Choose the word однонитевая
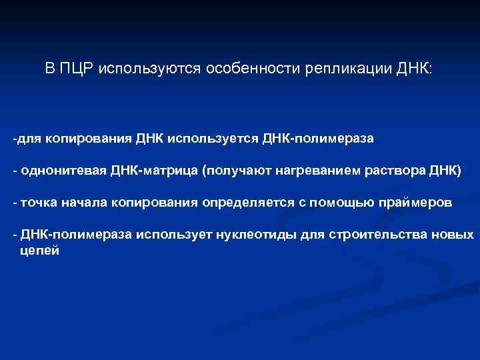click(57, 170)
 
